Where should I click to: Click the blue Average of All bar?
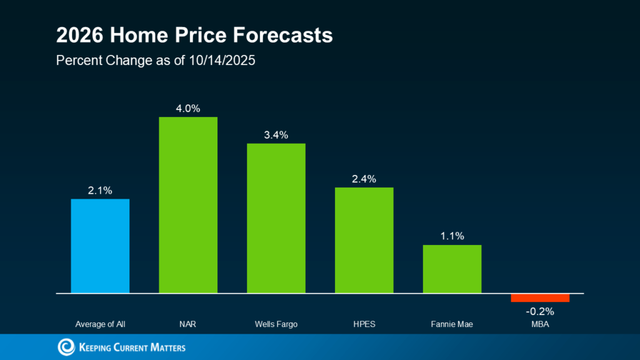pyautogui.click(x=100, y=246)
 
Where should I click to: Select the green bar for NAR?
pyautogui.click(x=188, y=205)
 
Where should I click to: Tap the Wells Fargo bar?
pyautogui.click(x=276, y=218)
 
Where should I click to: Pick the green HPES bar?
pyautogui.click(x=364, y=240)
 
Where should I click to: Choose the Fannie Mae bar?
pyautogui.click(x=452, y=269)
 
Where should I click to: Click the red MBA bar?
pyautogui.click(x=540, y=297)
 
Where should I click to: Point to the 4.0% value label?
pyautogui.click(x=188, y=109)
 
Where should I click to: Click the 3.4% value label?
pyautogui.click(x=276, y=135)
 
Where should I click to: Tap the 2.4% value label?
pyautogui.click(x=364, y=179)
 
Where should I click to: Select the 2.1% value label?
pyautogui.click(x=100, y=191)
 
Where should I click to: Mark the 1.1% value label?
pyautogui.click(x=452, y=236)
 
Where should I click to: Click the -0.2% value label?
pyautogui.click(x=540, y=311)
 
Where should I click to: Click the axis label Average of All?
pyautogui.click(x=100, y=324)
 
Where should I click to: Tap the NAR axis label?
pyautogui.click(x=188, y=324)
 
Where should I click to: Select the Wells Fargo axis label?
pyautogui.click(x=276, y=324)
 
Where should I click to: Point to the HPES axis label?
pyautogui.click(x=364, y=324)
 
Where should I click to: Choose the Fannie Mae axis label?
pyautogui.click(x=452, y=324)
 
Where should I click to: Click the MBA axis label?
pyautogui.click(x=540, y=324)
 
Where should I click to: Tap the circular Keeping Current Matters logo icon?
pyautogui.click(x=66, y=347)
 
